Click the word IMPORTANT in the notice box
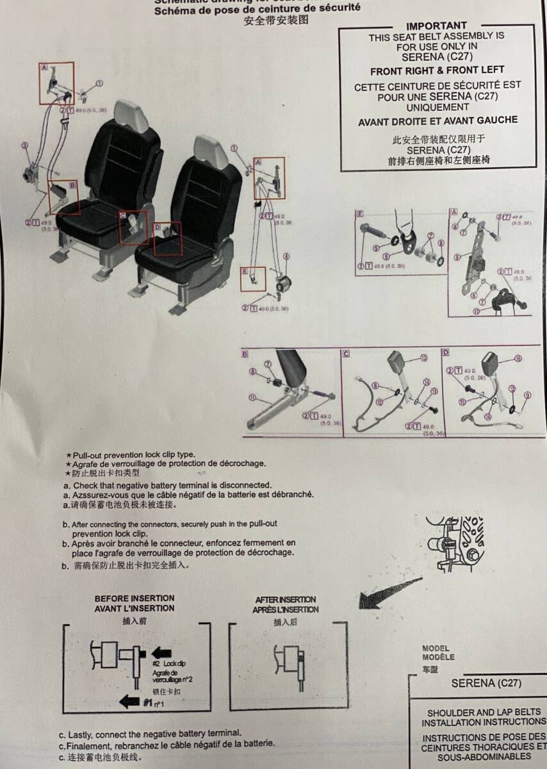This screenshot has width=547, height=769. [436, 26]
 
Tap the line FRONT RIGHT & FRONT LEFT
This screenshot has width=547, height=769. [437, 70]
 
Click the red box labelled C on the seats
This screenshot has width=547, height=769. [133, 227]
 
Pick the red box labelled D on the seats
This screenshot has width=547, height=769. [167, 236]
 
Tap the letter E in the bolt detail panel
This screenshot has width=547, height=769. [360, 213]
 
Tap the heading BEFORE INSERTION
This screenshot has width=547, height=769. [135, 598]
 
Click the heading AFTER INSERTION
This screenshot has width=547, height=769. [286, 600]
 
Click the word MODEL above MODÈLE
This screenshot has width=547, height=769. [436, 648]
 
